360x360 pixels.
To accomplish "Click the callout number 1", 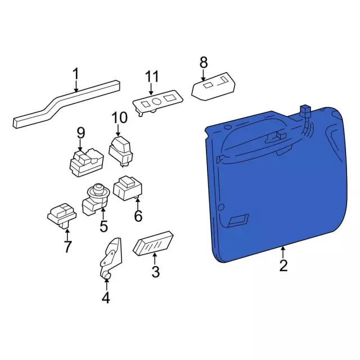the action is pos(75,74).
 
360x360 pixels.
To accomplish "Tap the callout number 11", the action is pos(152,76).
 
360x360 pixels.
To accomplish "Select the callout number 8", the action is pos(204,62).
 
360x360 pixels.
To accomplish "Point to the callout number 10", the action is pos(119,118).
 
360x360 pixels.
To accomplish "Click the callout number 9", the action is pos(80,133).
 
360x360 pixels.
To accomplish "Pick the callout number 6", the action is pos(138,216).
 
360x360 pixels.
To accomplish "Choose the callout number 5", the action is pos(103,226).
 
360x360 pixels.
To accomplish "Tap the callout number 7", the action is pos(67,246).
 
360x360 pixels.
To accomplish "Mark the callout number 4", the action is pos(106,298).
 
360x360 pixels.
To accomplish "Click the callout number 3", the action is pos(155,272).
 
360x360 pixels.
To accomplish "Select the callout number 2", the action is pos(283,265).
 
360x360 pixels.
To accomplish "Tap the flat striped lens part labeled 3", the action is pos(153,243).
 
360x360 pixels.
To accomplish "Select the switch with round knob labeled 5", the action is pos(96,200).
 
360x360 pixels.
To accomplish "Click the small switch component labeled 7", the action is pos(62,215).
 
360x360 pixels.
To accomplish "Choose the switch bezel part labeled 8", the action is pos(213,87).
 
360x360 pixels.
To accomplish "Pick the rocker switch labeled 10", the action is pos(120,151).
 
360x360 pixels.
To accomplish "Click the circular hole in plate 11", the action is pos(157,102).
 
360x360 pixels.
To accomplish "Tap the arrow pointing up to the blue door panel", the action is pos(283,252).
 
